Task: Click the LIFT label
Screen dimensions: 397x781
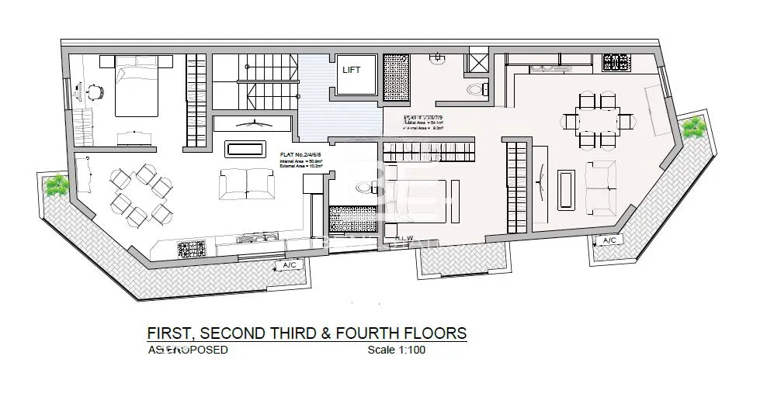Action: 352,70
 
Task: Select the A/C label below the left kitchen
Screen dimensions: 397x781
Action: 289,266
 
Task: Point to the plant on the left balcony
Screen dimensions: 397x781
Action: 55,185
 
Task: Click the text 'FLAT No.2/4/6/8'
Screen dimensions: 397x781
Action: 301,154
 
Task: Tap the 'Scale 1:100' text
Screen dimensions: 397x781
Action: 396,350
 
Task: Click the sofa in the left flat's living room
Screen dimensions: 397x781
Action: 246,183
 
